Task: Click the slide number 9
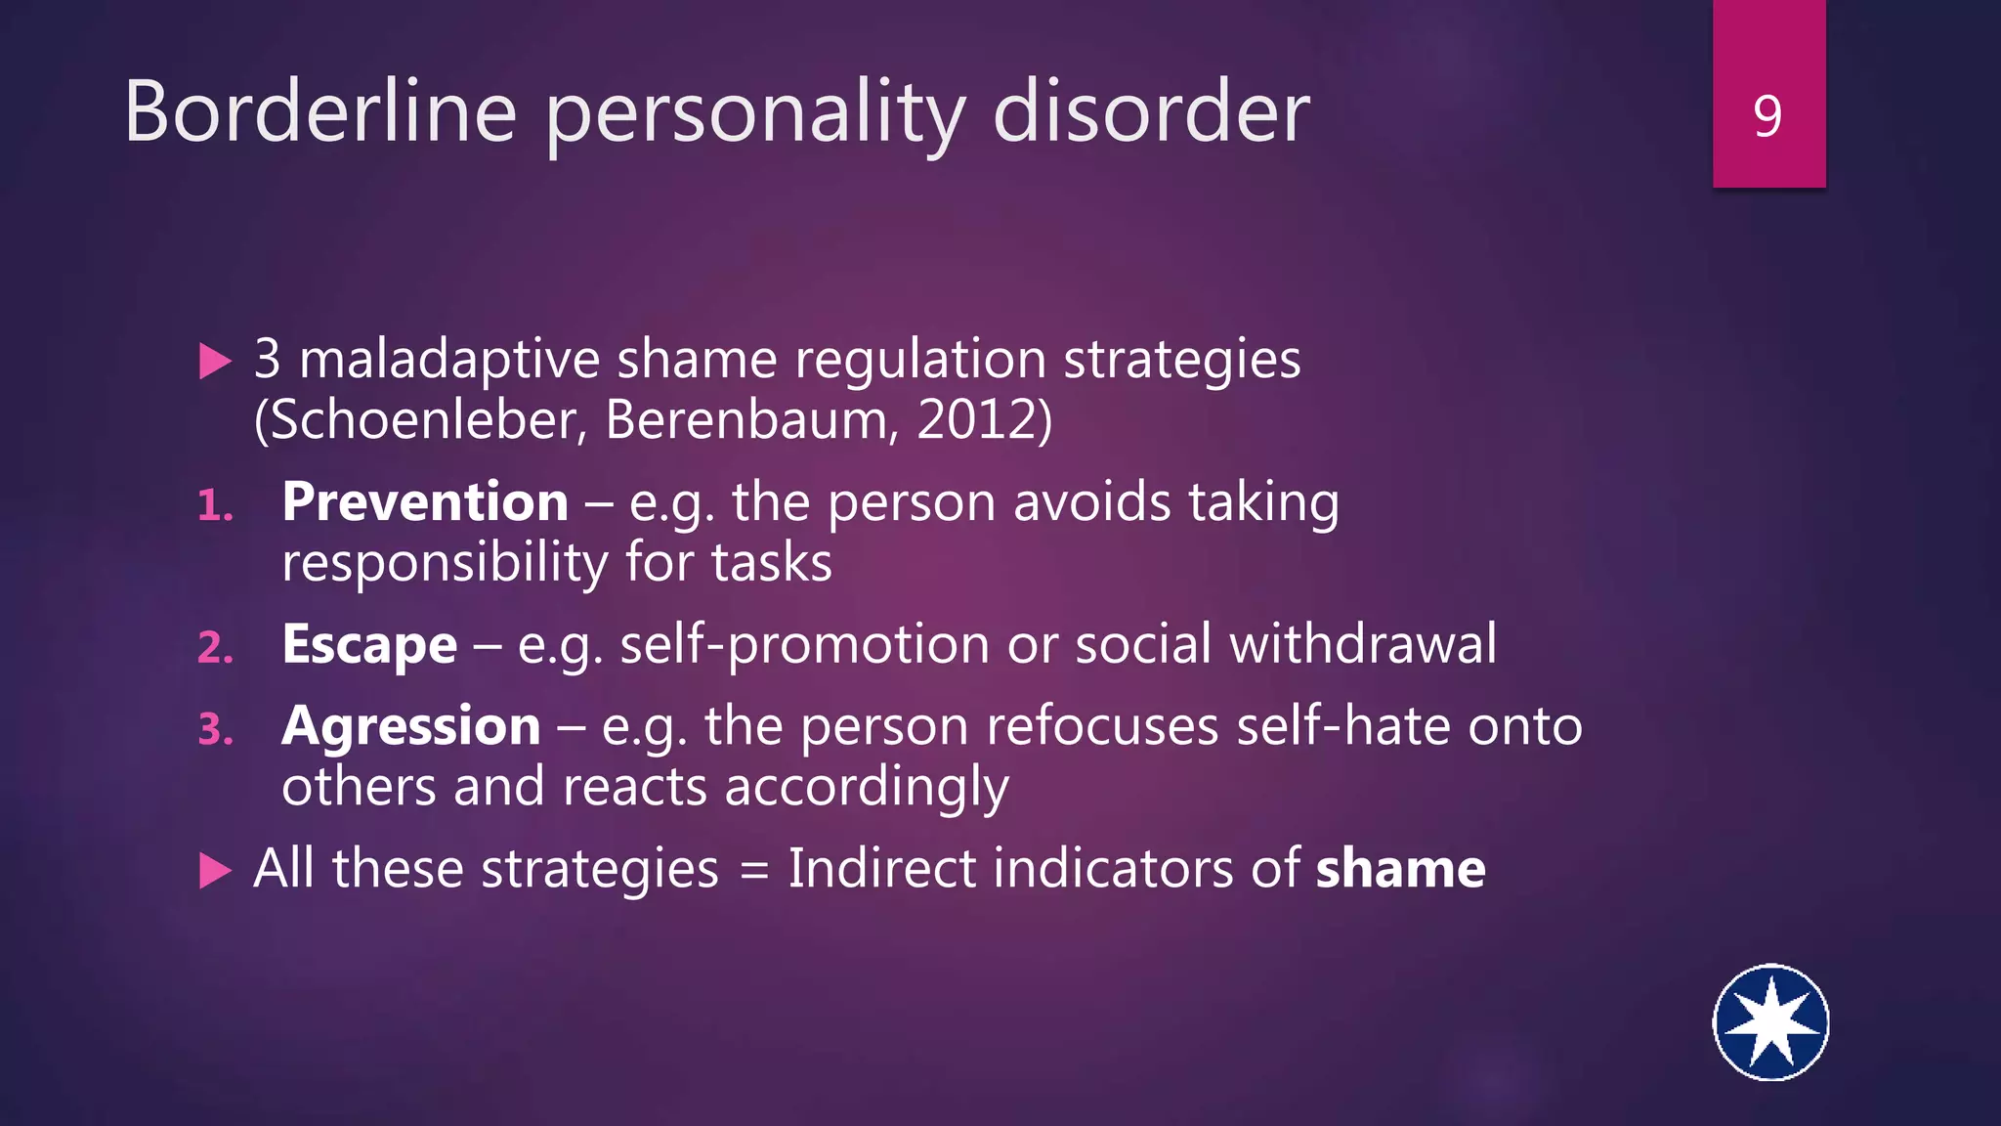click(1767, 117)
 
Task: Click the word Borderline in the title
click(320, 112)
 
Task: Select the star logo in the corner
click(1770, 1022)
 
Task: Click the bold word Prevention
click(425, 502)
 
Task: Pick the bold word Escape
click(369, 645)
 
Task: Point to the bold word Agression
click(411, 727)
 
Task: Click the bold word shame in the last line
click(1400, 869)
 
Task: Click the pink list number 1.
click(215, 506)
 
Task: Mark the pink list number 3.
click(215, 729)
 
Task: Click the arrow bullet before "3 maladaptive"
click(215, 362)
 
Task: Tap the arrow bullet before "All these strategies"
click(215, 871)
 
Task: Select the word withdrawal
click(1362, 645)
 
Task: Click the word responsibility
click(445, 564)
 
